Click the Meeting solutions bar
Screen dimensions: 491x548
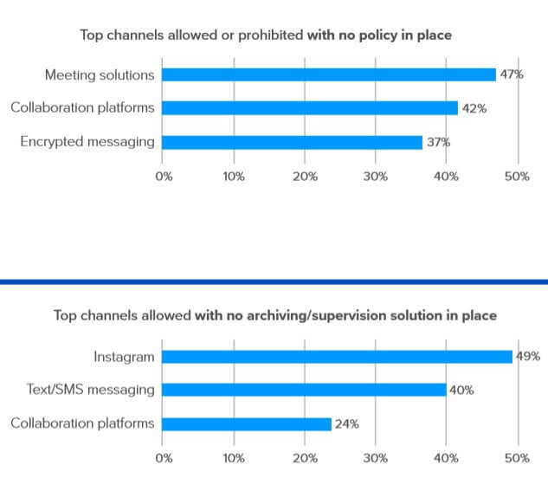click(329, 74)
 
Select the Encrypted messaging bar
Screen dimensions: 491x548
click(293, 142)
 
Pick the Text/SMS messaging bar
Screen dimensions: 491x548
click(305, 390)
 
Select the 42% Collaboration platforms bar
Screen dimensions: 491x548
click(310, 108)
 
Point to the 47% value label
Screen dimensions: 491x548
click(511, 74)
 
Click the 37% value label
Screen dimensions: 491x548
click(438, 142)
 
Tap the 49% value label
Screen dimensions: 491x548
click(528, 356)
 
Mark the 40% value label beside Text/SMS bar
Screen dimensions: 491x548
click(461, 390)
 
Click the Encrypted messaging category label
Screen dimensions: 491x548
click(87, 142)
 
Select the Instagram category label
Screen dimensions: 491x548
click(124, 356)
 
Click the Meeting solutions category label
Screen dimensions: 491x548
click(100, 74)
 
